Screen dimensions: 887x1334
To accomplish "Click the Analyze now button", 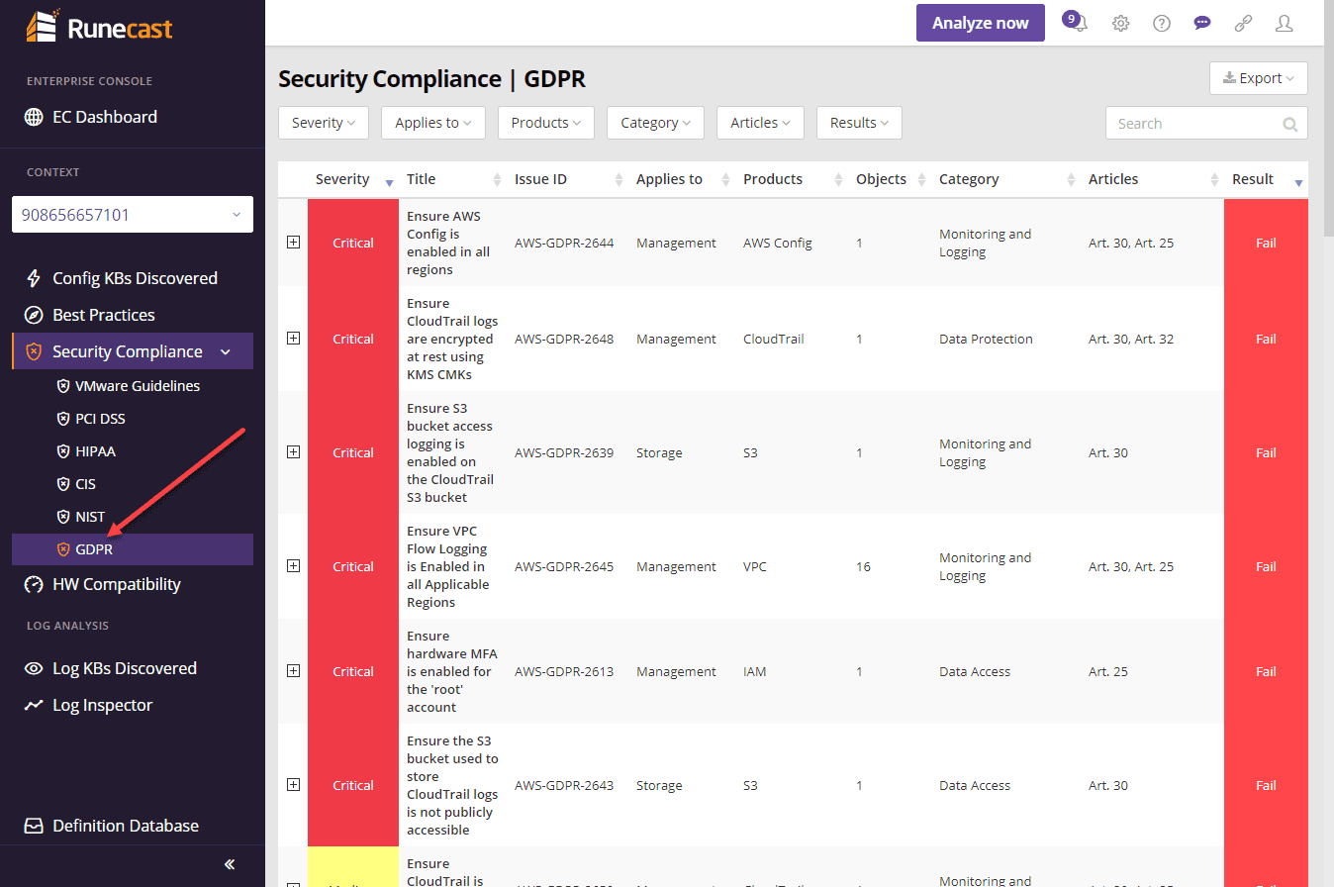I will tap(980, 23).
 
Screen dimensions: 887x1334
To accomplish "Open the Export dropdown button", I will tap(1258, 78).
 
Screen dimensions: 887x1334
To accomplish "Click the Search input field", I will tap(1195, 124).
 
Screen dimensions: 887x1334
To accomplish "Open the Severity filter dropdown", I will tap(324, 123).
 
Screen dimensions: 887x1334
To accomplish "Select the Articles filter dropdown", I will tap(760, 123).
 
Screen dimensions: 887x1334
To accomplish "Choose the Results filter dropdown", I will tap(859, 123).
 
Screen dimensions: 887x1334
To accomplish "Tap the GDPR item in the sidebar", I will tap(94, 549).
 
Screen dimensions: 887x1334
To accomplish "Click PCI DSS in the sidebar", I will tap(100, 419).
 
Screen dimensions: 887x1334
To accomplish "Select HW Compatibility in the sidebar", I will tap(116, 584).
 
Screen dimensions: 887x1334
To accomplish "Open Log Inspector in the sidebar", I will tap(102, 705).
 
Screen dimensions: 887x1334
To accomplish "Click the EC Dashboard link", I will tap(104, 117).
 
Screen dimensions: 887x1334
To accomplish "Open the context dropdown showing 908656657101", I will tap(133, 215).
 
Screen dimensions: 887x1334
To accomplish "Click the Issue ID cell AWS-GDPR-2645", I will tap(564, 567).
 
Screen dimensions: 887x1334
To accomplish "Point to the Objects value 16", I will tap(863, 567).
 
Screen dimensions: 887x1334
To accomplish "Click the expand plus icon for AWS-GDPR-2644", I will tap(293, 243).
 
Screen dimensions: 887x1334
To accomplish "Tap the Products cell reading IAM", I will tap(755, 671).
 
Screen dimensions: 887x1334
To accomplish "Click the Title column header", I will tap(422, 179).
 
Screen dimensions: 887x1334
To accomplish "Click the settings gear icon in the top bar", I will tap(1120, 24).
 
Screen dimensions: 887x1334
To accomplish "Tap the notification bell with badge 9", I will tap(1077, 23).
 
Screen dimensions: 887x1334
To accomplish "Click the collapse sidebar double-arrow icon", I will tap(230, 864).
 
